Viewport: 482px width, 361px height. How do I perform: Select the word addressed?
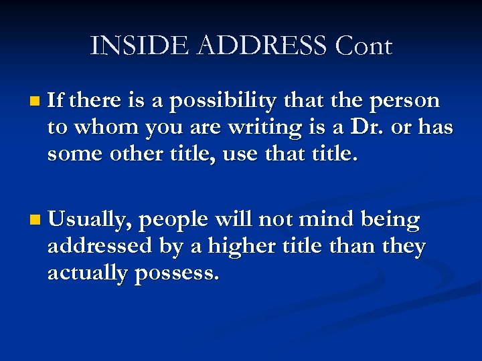pos(100,246)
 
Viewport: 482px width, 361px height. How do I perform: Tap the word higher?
pos(240,247)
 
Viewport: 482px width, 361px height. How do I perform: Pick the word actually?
pos(88,273)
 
